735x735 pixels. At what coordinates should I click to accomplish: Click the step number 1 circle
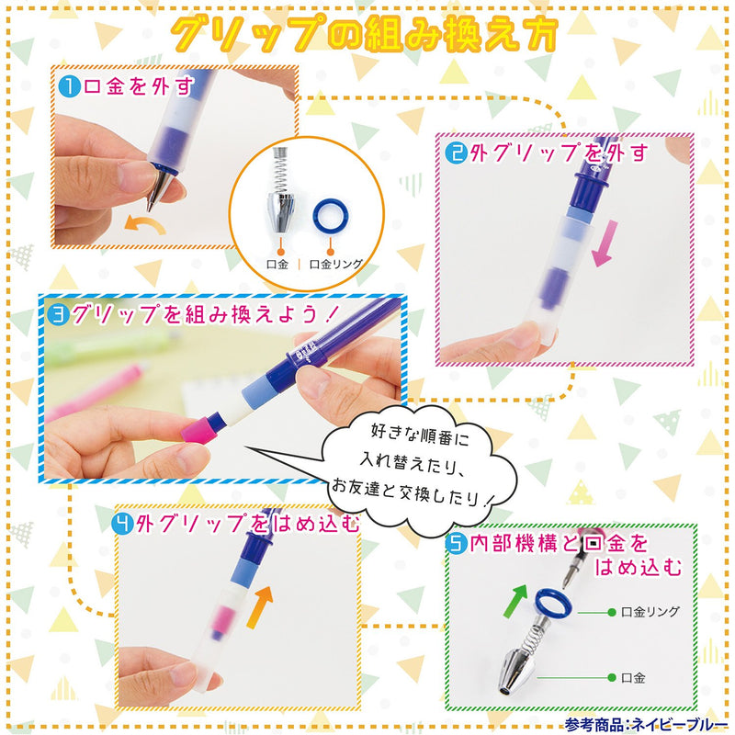[x=69, y=88]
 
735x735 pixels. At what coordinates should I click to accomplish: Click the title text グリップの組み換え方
[x=367, y=35]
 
